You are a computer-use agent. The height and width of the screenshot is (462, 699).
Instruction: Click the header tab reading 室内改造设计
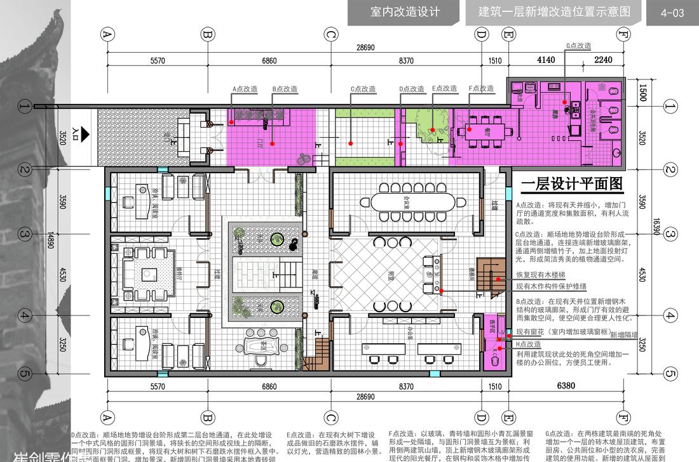(405, 12)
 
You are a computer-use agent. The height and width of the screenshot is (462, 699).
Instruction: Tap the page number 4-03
(672, 13)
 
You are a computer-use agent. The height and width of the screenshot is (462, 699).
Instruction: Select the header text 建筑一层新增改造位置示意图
(554, 12)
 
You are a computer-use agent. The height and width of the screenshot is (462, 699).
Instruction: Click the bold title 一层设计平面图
(571, 185)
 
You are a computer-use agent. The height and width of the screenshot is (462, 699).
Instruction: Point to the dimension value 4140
(546, 60)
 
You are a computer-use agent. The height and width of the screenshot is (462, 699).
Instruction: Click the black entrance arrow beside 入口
(85, 133)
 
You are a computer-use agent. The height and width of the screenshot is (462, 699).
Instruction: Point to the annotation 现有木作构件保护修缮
(551, 287)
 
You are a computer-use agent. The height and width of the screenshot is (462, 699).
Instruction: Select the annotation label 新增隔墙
(624, 335)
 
